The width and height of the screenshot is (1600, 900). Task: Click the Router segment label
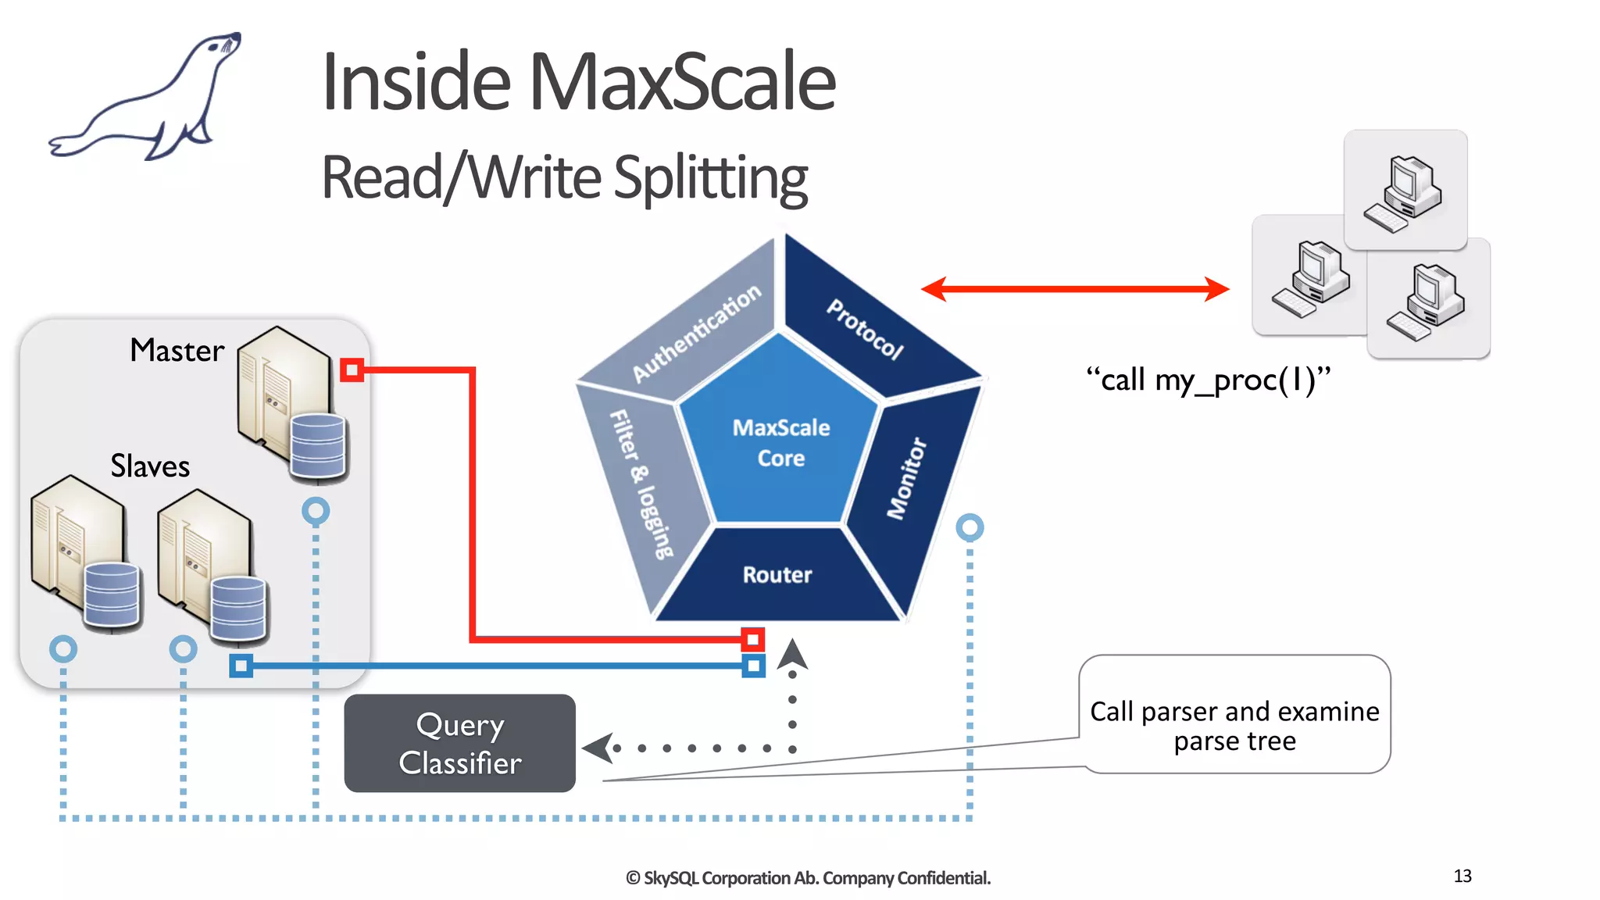click(777, 576)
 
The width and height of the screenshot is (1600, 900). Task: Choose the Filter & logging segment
click(641, 484)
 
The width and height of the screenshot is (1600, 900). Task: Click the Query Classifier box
click(460, 744)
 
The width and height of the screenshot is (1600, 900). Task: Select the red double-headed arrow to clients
click(1075, 289)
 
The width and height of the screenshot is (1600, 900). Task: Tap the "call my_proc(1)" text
click(1208, 380)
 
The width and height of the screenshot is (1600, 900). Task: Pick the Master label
click(177, 351)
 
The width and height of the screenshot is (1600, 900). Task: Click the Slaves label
click(150, 466)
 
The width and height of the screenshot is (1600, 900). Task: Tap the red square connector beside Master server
click(352, 370)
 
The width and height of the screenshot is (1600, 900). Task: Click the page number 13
click(1462, 876)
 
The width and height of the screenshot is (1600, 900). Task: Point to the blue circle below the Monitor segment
click(970, 528)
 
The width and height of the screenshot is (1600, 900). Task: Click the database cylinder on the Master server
click(317, 447)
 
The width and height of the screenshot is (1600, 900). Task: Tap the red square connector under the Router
click(752, 640)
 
